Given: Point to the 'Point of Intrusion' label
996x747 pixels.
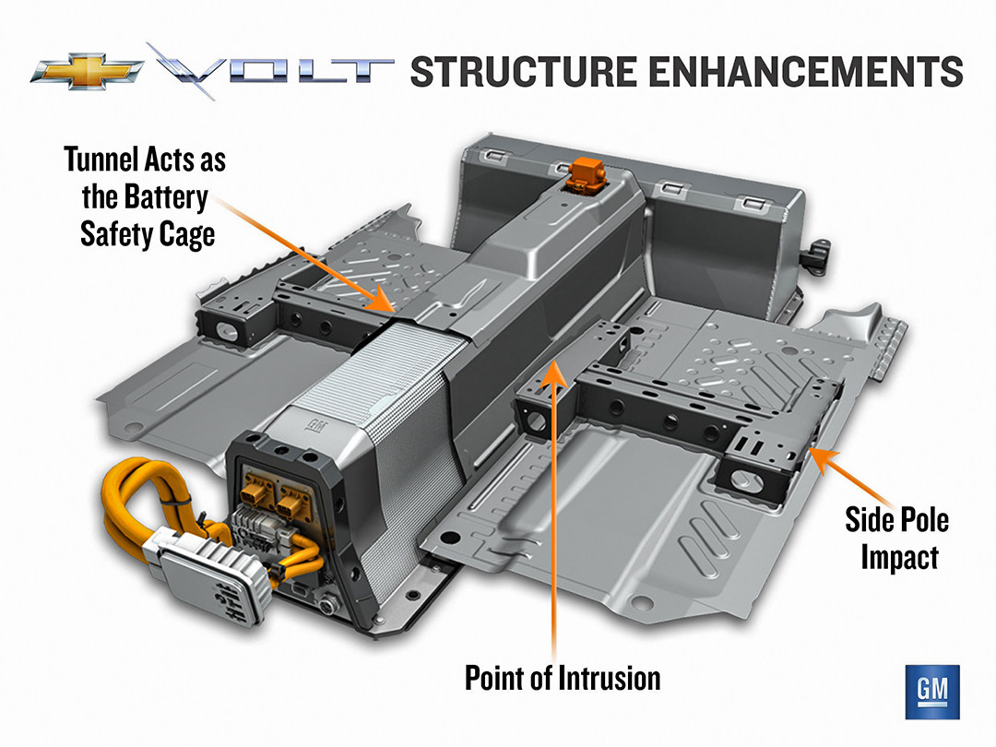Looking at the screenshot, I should click(x=563, y=679).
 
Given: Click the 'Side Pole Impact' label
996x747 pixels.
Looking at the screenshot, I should click(x=897, y=539).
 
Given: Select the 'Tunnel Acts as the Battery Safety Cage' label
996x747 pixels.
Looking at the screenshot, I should click(x=146, y=196).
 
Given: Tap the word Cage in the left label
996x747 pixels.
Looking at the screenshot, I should click(x=184, y=233).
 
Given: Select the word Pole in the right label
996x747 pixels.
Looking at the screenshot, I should click(x=919, y=520).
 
